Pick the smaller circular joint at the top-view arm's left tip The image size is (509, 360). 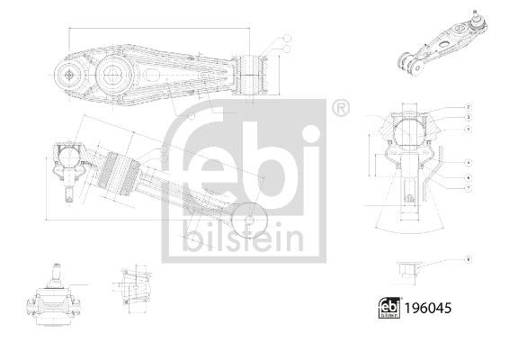pos(71,76)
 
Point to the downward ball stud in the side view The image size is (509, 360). pos(67,190)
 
